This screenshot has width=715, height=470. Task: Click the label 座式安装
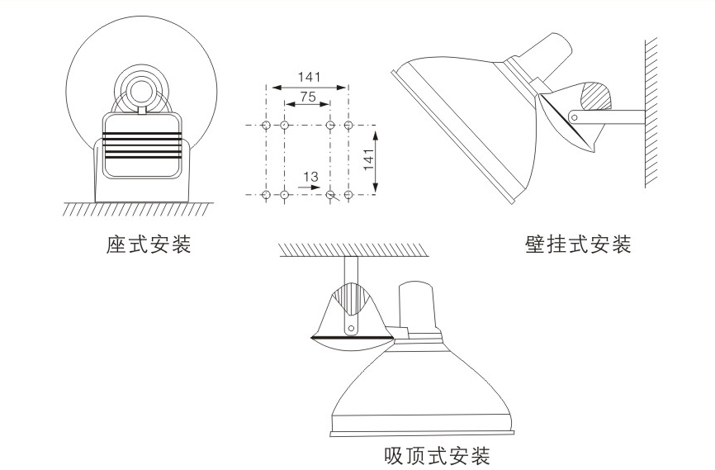click(149, 245)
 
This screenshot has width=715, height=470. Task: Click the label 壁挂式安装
click(578, 245)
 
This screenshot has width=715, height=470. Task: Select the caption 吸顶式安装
click(438, 455)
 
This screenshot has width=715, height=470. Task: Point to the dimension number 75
click(307, 97)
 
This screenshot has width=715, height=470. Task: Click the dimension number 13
click(310, 177)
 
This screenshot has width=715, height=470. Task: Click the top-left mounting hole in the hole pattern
click(266, 125)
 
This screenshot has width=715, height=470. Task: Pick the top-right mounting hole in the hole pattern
click(348, 125)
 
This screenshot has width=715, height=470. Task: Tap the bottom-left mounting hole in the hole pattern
click(266, 194)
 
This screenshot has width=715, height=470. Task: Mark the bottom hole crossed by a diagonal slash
click(331, 195)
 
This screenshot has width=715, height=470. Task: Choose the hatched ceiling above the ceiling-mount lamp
click(351, 249)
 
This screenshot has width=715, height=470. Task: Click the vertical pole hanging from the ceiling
click(351, 273)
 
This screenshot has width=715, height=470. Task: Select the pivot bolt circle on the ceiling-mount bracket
click(352, 327)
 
